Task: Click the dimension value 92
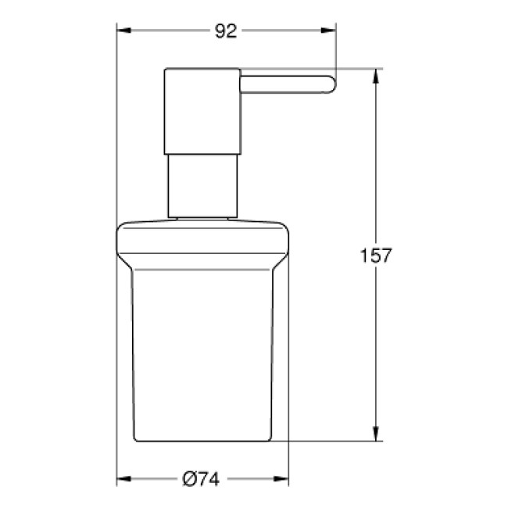click(x=226, y=31)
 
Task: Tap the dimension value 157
click(x=375, y=256)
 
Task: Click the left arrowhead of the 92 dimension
click(x=123, y=31)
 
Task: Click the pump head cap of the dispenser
click(x=201, y=109)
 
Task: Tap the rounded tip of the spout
click(x=330, y=84)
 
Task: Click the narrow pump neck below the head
click(x=201, y=184)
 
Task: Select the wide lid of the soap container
click(x=202, y=242)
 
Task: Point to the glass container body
click(x=202, y=352)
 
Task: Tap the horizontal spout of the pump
click(x=285, y=84)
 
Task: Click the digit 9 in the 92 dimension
click(x=220, y=31)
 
